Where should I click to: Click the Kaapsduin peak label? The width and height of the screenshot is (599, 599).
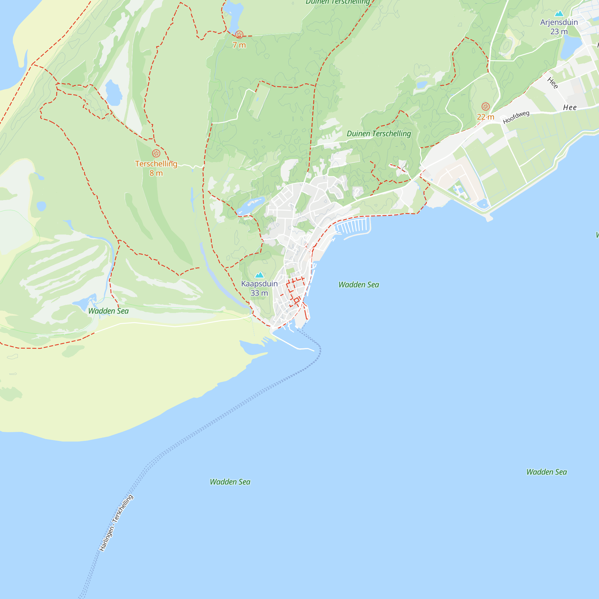coord(259,288)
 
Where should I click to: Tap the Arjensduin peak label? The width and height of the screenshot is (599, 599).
coord(559,27)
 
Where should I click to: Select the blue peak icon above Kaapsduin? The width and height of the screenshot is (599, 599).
coord(259,275)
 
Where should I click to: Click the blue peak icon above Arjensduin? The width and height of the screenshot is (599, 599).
coord(559,13)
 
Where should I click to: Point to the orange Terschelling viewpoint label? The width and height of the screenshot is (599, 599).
coord(156,168)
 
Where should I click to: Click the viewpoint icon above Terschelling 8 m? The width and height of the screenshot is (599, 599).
coord(156,153)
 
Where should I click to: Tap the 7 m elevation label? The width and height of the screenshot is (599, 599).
coord(239,45)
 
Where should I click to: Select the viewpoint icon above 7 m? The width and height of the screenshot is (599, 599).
coord(239,34)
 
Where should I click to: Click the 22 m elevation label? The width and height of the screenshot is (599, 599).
coord(485,117)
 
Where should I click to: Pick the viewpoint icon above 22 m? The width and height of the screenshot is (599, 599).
coord(485,107)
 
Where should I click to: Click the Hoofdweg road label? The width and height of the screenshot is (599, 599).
coord(516,117)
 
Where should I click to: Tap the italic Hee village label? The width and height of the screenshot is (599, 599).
coord(570,108)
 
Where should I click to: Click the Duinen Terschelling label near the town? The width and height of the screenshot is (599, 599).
coord(379,134)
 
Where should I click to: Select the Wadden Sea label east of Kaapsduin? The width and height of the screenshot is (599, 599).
coord(359,285)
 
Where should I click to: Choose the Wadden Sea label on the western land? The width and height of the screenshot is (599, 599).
coord(108,311)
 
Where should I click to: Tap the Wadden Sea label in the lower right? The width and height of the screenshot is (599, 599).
coord(546,472)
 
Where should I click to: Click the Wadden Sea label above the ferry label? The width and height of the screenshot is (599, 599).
coord(230,482)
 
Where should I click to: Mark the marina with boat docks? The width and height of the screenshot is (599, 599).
coord(353,226)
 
